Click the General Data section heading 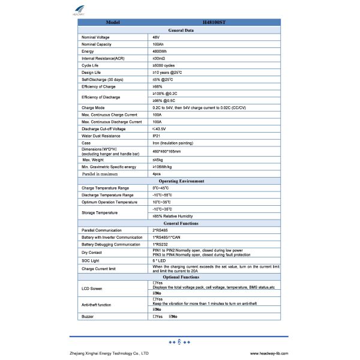click(x=180, y=29)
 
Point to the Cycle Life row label click(x=90, y=65)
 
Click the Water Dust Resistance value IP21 click(x=157, y=136)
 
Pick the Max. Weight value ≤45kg click(x=158, y=159)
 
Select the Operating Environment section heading click(x=180, y=181)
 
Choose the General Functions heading click(x=180, y=223)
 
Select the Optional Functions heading click(x=180, y=278)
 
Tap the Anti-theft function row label click(x=96, y=305)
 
